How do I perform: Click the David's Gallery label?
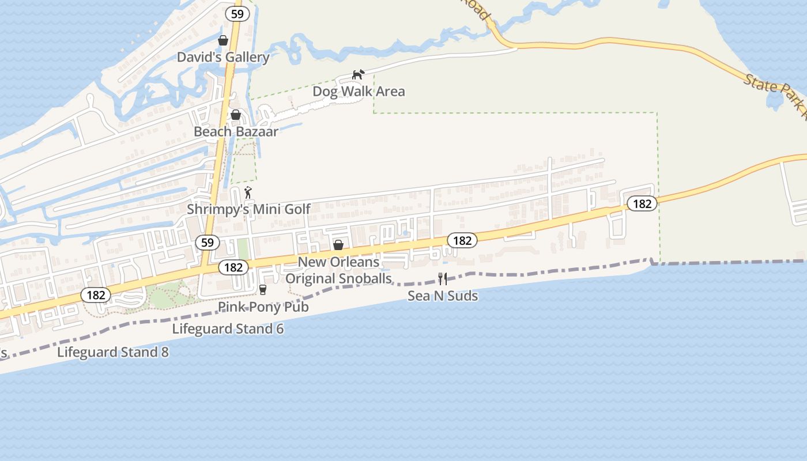pyautogui.click(x=223, y=57)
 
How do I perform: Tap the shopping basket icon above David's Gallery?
pyautogui.click(x=223, y=40)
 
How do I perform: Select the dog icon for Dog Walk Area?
pyautogui.click(x=359, y=74)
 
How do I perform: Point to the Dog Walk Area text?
pyautogui.click(x=359, y=91)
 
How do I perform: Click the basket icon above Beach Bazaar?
pyautogui.click(x=236, y=115)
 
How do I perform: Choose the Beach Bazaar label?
pyautogui.click(x=236, y=131)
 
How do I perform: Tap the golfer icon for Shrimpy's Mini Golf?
pyautogui.click(x=248, y=192)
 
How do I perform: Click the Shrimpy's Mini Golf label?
pyautogui.click(x=248, y=209)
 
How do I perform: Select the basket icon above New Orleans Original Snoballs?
pyautogui.click(x=338, y=245)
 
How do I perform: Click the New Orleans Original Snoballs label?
pyautogui.click(x=338, y=270)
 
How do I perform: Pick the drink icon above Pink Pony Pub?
pyautogui.click(x=263, y=289)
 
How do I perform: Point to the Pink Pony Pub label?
pyautogui.click(x=263, y=307)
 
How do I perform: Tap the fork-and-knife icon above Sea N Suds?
pyautogui.click(x=443, y=279)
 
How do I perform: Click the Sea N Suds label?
pyautogui.click(x=443, y=296)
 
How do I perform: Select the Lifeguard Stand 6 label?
pyautogui.click(x=228, y=329)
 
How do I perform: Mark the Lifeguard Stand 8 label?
pyautogui.click(x=113, y=352)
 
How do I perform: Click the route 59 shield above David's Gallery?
pyautogui.click(x=237, y=14)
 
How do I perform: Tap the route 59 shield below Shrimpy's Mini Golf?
pyautogui.click(x=208, y=243)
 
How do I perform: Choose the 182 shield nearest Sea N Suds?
pyautogui.click(x=462, y=240)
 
